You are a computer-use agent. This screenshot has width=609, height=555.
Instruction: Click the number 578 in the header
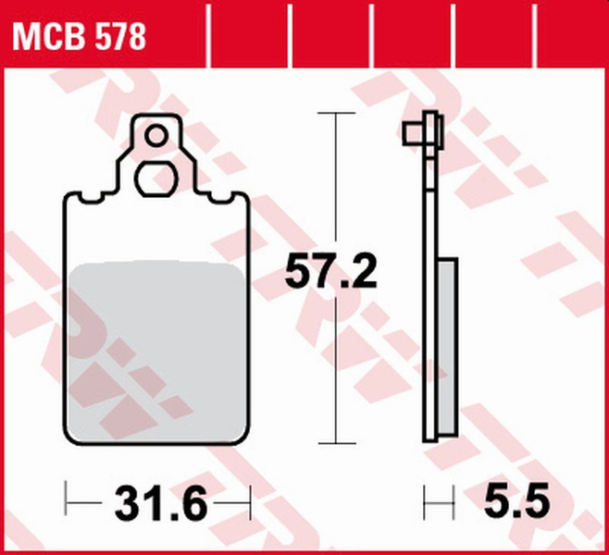pos(118,37)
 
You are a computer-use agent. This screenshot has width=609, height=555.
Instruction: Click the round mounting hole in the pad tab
pos(156,138)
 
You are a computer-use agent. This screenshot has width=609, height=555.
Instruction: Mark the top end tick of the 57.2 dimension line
pos(333,113)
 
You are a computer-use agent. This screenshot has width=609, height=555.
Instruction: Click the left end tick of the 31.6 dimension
pos(67,504)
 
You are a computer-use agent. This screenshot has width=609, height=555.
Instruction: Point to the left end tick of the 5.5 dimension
pos(425,504)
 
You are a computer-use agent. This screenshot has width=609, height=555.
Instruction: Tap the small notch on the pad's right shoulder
pos(225,197)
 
